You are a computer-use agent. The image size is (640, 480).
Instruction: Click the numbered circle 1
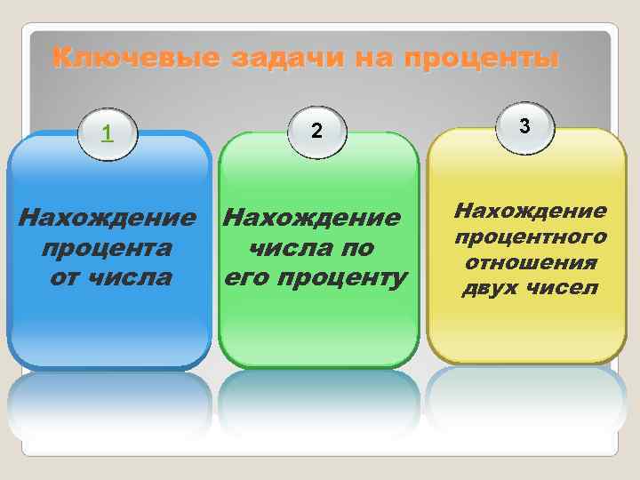coord(108,134)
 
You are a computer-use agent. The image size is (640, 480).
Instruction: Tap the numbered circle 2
coord(316,132)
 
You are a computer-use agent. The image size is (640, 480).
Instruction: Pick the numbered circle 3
coord(525,127)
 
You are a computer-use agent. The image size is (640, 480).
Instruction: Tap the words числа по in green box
coord(311,248)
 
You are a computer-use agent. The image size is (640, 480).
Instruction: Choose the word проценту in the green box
coord(342,278)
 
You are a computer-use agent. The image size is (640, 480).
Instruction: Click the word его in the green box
coord(246,278)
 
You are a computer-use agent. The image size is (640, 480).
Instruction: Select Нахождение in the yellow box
coord(532,211)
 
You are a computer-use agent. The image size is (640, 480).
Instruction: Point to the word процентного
coord(532,237)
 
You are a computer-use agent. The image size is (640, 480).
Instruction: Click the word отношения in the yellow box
coord(532,263)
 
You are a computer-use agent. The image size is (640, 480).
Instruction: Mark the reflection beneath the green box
coord(317,404)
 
